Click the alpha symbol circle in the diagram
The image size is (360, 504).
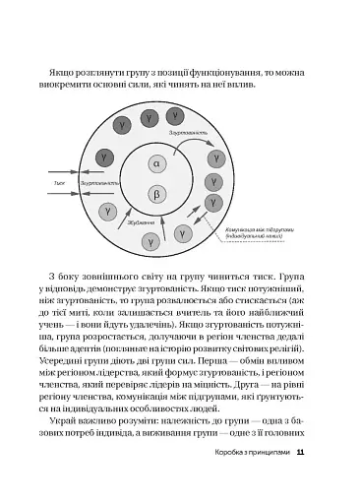155,162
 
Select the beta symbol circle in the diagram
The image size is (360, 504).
155,197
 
